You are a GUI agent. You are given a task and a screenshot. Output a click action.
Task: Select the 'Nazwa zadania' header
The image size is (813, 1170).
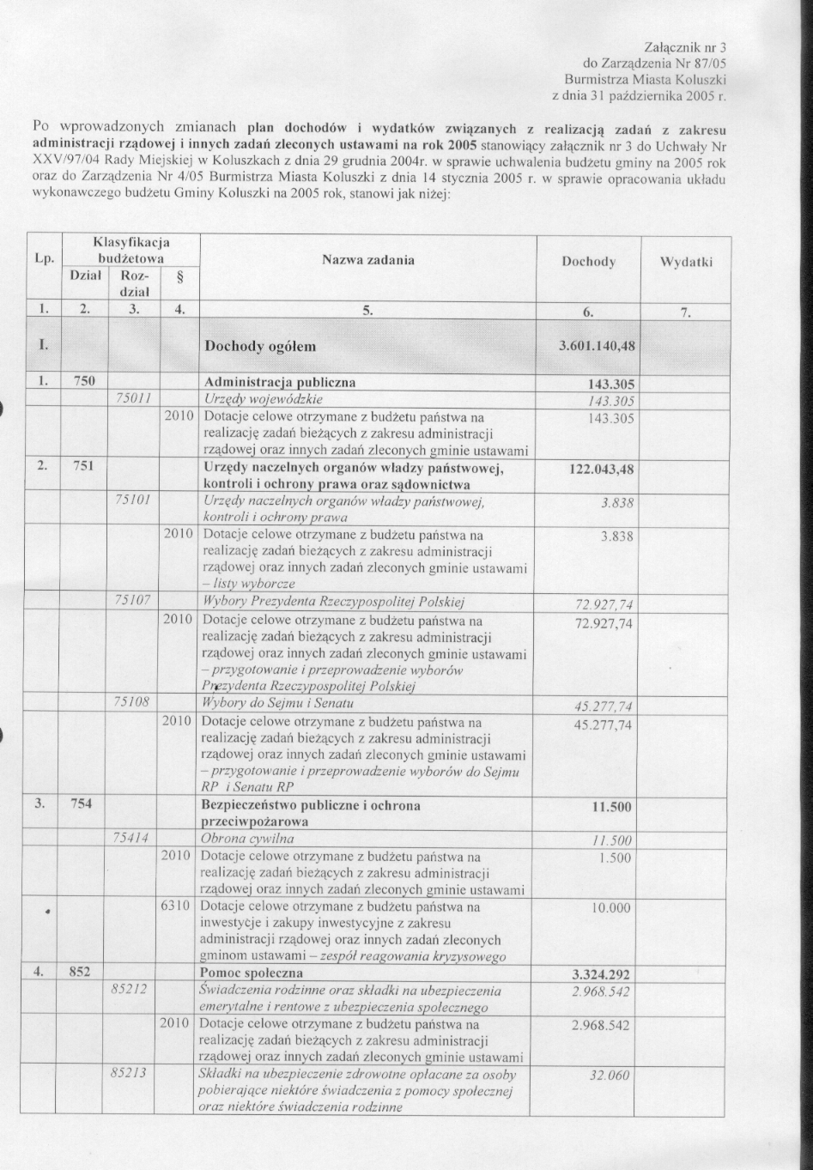click(x=368, y=259)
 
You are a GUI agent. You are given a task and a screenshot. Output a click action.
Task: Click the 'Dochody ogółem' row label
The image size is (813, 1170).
click(x=260, y=347)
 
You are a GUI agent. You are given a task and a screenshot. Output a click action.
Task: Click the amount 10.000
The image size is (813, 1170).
click(x=611, y=907)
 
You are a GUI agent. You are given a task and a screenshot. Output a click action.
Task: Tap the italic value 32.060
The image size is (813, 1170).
click(x=610, y=1076)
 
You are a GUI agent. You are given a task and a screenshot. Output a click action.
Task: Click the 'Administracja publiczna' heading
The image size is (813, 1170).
click(x=278, y=382)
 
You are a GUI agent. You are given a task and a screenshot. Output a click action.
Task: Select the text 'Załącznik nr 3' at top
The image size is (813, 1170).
click(x=684, y=46)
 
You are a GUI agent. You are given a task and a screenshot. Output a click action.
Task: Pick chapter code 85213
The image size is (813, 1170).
click(x=130, y=1074)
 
